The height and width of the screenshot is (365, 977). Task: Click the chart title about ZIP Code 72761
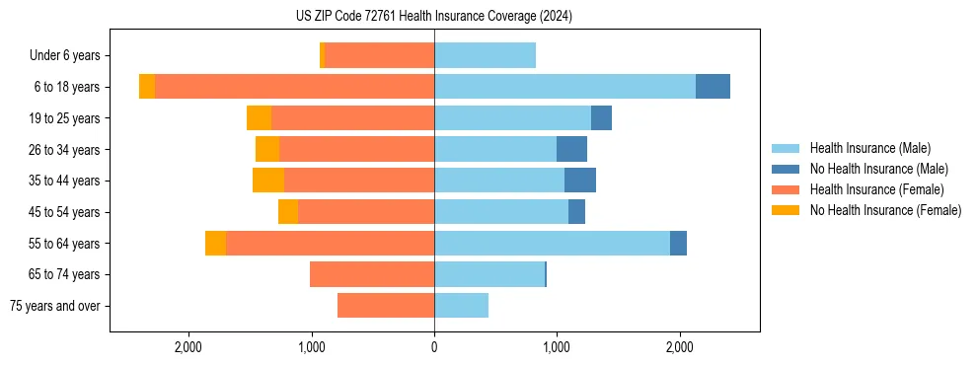pyautogui.click(x=434, y=16)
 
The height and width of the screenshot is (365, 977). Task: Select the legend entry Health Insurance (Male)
pyautogui.click(x=869, y=148)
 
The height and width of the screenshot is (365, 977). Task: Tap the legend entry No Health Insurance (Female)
pyautogui.click(x=885, y=210)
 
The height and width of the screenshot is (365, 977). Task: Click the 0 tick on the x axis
pyautogui.click(x=434, y=347)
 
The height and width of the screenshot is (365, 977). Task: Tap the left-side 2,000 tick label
pyautogui.click(x=188, y=347)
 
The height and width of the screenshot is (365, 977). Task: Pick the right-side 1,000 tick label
pyautogui.click(x=557, y=347)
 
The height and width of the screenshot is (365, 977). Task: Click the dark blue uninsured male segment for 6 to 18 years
pyautogui.click(x=713, y=87)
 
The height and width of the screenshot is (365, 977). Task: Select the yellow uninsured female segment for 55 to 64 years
pyautogui.click(x=215, y=244)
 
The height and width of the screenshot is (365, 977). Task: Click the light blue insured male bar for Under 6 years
pyautogui.click(x=485, y=55)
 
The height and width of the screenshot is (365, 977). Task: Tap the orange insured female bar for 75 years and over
pyautogui.click(x=386, y=306)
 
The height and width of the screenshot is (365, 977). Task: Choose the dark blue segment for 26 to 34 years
pyautogui.click(x=571, y=149)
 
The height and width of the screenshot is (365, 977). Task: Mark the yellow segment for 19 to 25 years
pyautogui.click(x=259, y=118)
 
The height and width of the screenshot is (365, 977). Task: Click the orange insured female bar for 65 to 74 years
pyautogui.click(x=372, y=274)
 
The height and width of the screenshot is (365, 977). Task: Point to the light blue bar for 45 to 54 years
pyautogui.click(x=501, y=212)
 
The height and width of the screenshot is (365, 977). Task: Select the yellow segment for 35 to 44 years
pyautogui.click(x=268, y=181)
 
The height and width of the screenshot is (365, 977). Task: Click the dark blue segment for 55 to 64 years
pyautogui.click(x=678, y=244)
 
